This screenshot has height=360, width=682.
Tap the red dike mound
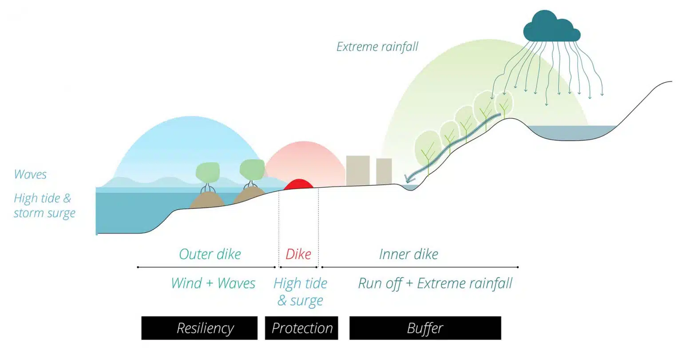[298, 185]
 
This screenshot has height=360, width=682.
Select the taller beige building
[357, 170]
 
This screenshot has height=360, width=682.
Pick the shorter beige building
[384, 171]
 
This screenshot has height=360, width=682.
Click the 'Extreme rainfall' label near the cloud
[377, 47]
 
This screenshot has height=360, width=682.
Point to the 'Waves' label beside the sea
[30, 174]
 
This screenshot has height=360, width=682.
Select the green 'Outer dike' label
[210, 254]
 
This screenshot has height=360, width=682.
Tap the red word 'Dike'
[298, 254]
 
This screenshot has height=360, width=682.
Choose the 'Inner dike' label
[408, 254]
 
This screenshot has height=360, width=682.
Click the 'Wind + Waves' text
[213, 283]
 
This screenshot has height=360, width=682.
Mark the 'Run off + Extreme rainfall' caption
[435, 283]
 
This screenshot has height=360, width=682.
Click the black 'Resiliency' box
[199, 328]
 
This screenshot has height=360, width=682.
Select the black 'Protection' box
[301, 328]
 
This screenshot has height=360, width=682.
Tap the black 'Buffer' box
[425, 328]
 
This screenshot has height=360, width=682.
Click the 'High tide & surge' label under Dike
[300, 292]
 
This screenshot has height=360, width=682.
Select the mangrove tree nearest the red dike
[252, 171]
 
